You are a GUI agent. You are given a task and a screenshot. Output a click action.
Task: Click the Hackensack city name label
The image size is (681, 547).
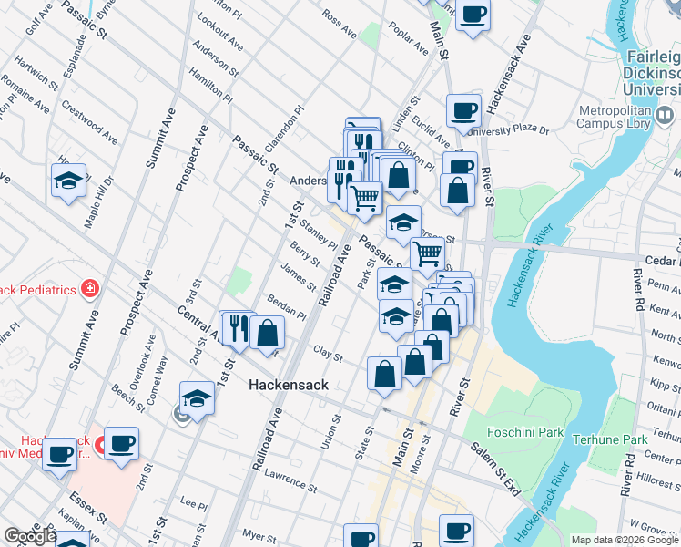(x=289, y=386)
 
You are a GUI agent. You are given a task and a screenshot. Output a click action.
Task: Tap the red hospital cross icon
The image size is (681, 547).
(x=89, y=291)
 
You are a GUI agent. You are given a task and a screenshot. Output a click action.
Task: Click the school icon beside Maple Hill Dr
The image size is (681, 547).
(x=68, y=181)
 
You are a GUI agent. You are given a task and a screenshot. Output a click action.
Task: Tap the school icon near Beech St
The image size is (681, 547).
(x=197, y=397)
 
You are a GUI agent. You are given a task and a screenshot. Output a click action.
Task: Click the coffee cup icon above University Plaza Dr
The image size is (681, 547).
(x=463, y=111)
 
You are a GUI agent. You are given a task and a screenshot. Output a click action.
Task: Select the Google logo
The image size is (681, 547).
(x=30, y=536)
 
